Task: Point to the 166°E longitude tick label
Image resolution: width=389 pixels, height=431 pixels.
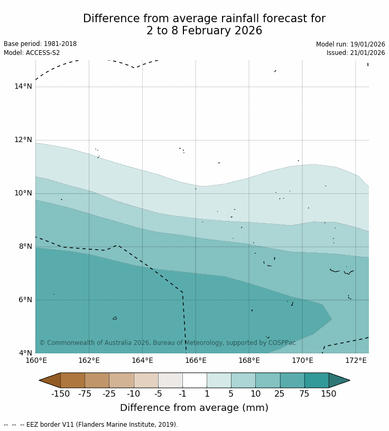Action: pos(196,361)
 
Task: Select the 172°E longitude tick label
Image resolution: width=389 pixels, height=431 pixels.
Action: pos(356,361)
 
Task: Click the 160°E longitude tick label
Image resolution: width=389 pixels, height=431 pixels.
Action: pos(36,361)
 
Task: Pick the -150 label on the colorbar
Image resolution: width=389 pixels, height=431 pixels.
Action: pos(60,393)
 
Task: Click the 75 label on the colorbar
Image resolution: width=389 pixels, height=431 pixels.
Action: pos(304,393)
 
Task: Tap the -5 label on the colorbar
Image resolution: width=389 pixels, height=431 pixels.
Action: pos(158,393)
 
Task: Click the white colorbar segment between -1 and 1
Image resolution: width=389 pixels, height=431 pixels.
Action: pos(195,380)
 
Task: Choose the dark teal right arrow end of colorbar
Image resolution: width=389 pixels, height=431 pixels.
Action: pos(338,380)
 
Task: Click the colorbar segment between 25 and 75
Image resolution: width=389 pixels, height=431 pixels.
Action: pos(292,380)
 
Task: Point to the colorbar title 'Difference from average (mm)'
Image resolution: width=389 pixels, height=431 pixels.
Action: pos(194,408)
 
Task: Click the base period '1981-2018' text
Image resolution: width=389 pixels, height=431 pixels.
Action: pos(60,44)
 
